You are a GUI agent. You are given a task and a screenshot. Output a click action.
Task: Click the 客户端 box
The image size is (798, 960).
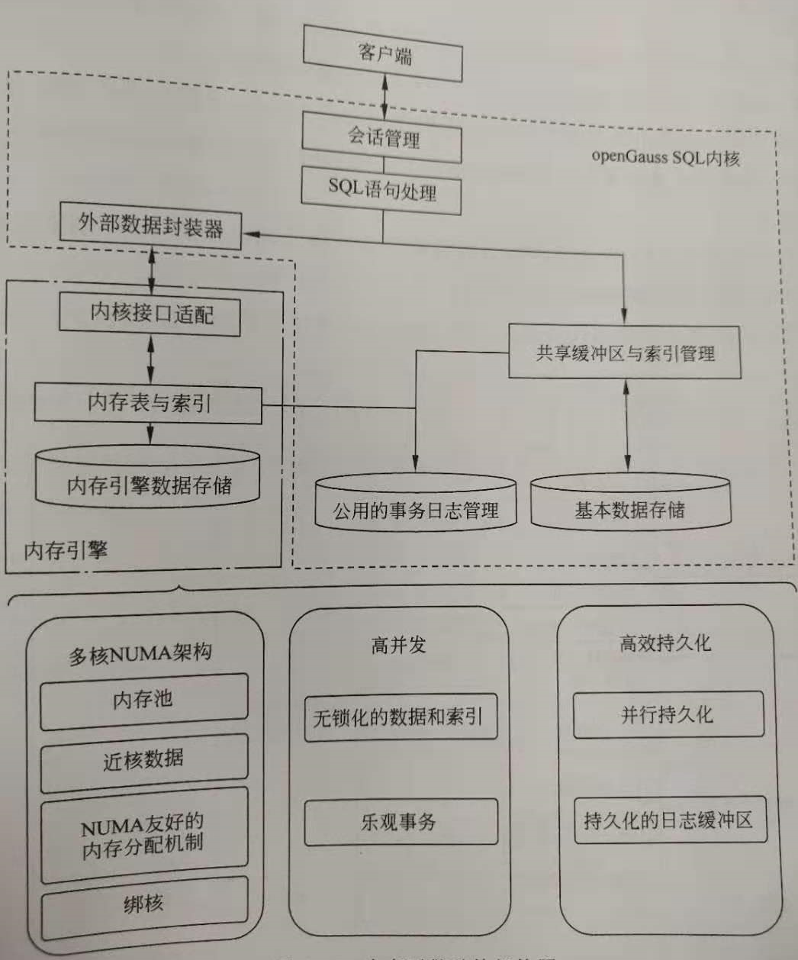pos(383,53)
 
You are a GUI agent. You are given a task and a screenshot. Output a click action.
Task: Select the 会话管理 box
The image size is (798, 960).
pos(381,138)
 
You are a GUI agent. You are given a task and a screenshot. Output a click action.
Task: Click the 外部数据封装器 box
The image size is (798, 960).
pos(150,226)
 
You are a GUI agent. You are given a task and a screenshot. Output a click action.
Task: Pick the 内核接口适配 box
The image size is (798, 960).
pos(150,314)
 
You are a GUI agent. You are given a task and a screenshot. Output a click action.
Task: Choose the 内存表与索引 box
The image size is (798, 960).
pos(148,403)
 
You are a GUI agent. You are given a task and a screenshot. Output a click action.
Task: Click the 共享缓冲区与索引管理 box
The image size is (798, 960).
pos(624,353)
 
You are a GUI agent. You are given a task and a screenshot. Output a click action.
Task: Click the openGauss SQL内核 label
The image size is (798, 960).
pos(665,158)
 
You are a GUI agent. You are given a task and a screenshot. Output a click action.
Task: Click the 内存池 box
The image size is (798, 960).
pos(143,698)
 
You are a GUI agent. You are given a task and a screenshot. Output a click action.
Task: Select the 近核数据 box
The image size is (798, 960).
pos(143,760)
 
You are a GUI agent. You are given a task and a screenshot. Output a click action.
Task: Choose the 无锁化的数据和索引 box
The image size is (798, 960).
pos(400,717)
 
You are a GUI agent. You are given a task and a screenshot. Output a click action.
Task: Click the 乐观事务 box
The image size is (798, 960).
pos(400,822)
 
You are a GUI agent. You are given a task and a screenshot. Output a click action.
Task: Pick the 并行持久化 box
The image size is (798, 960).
pos(668,715)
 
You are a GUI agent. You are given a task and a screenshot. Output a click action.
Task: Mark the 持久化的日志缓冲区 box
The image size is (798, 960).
pos(668,820)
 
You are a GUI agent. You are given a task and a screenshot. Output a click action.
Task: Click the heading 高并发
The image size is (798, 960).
pos(398,646)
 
